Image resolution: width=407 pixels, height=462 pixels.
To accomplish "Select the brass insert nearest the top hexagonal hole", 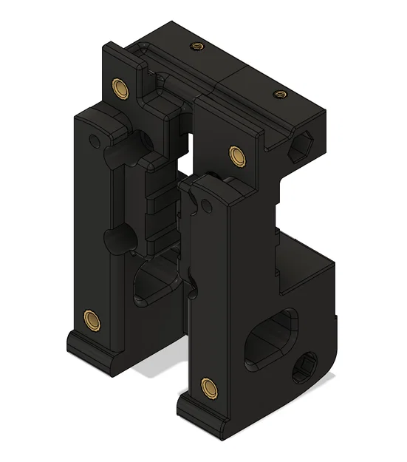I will click(278, 94).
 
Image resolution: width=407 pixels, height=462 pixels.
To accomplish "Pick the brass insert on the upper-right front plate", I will click(236, 154).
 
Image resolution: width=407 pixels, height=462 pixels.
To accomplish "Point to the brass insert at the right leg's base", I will click(208, 384).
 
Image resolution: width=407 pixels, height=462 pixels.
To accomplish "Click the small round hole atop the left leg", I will click(94, 138).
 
